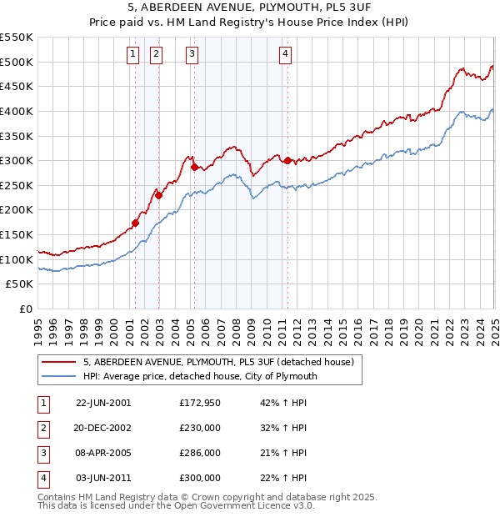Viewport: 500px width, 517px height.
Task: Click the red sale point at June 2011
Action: point(287,160)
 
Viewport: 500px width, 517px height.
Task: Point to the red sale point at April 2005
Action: point(194,167)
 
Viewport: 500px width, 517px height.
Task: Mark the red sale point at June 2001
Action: point(136,223)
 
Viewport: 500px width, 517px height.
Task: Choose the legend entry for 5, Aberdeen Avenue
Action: point(219,362)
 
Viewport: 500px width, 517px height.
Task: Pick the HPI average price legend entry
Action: point(201,376)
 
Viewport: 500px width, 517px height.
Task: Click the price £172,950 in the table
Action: point(200,402)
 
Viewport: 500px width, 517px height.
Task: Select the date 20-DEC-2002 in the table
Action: point(103,428)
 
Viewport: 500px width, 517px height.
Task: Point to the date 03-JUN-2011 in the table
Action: point(103,478)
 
